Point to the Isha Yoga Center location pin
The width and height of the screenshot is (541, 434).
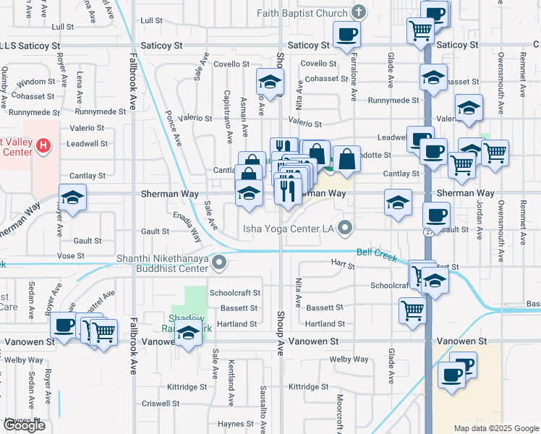[x=345, y=229]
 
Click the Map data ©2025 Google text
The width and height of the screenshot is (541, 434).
[x=495, y=428]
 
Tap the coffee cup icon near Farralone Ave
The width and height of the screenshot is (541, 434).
[x=346, y=33]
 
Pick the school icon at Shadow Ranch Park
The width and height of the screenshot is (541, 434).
[x=188, y=333]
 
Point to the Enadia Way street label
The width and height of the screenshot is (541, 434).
[x=187, y=225]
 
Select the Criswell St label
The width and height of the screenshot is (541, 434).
[x=160, y=403]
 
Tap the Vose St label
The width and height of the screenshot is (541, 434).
[x=71, y=255]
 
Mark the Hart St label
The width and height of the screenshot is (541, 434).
[x=343, y=266]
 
